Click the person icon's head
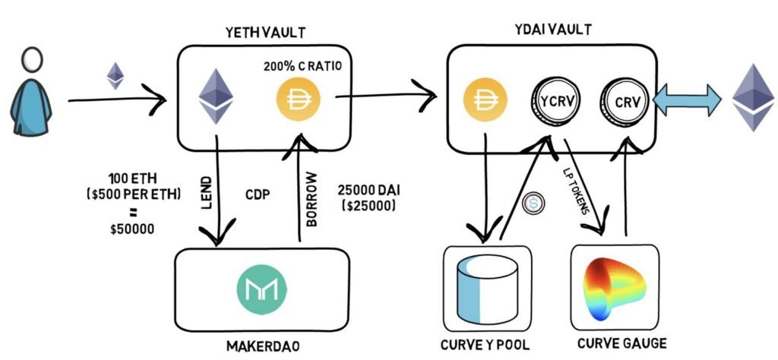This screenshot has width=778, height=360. pos(31,60)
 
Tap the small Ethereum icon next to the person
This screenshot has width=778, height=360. pos(115,75)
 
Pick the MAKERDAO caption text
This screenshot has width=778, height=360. pos(262,346)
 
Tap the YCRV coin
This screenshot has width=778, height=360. pos(551,100)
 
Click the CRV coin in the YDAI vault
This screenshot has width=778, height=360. pos(623,100)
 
